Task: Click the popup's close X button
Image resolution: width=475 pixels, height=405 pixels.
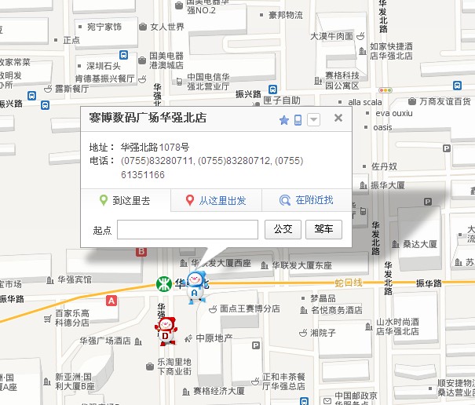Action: [338, 118]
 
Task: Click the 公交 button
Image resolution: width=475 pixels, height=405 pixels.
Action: [283, 229]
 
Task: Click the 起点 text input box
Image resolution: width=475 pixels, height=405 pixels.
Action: [187, 229]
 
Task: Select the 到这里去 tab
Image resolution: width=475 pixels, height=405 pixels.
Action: [126, 200]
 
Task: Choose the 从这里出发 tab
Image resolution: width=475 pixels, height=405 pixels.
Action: [216, 200]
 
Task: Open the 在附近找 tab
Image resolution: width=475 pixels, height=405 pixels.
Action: [307, 200]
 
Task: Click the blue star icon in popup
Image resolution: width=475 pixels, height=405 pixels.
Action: [284, 120]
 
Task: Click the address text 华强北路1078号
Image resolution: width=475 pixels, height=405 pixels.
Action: [155, 148]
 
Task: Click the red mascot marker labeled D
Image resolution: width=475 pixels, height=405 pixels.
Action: [166, 330]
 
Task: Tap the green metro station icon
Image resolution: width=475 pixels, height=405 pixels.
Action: [163, 282]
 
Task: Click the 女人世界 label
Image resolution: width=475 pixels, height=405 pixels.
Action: [166, 27]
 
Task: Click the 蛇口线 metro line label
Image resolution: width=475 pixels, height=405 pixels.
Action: [348, 282]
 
